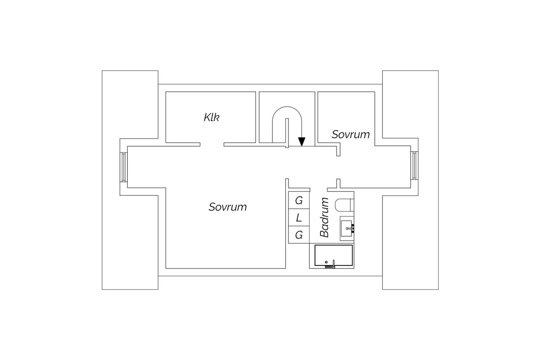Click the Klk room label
click(211, 117)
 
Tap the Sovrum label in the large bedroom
click(228, 207)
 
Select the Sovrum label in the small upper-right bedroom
click(351, 134)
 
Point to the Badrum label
click(324, 217)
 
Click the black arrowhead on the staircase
click(301, 142)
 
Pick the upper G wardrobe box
click(299, 200)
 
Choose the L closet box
click(299, 217)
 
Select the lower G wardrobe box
click(299, 234)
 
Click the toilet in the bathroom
click(344, 205)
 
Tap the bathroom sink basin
click(346, 228)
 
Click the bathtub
click(333, 255)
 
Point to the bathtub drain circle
click(326, 262)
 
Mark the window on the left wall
click(123, 167)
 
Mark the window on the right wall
click(414, 165)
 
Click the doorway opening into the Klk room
click(212, 144)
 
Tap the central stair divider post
click(287, 133)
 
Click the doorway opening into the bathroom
click(319, 189)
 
